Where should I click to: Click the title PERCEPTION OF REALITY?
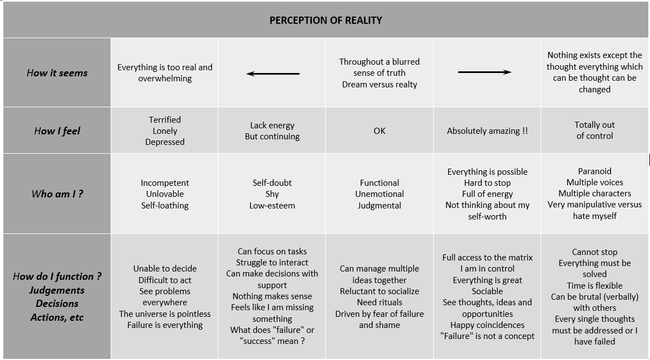[326, 20]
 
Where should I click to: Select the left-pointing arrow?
[273, 74]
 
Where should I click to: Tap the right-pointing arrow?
[485, 72]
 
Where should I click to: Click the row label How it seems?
[57, 73]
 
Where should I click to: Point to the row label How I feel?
[57, 131]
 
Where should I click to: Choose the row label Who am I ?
[57, 194]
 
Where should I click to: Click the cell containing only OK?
[379, 131]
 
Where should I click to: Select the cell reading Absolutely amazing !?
[487, 131]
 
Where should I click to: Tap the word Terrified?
[165, 120]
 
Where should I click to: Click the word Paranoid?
[595, 171]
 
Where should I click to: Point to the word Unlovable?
[165, 194]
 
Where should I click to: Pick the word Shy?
[272, 194]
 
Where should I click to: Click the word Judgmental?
[379, 206]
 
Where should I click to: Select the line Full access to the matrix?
[487, 258]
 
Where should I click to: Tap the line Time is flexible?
[595, 286]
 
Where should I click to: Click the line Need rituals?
[379, 302]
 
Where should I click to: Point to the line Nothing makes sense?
[272, 296]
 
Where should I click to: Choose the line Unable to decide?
[165, 269]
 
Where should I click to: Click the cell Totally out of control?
[595, 131]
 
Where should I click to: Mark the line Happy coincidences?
[487, 325]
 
